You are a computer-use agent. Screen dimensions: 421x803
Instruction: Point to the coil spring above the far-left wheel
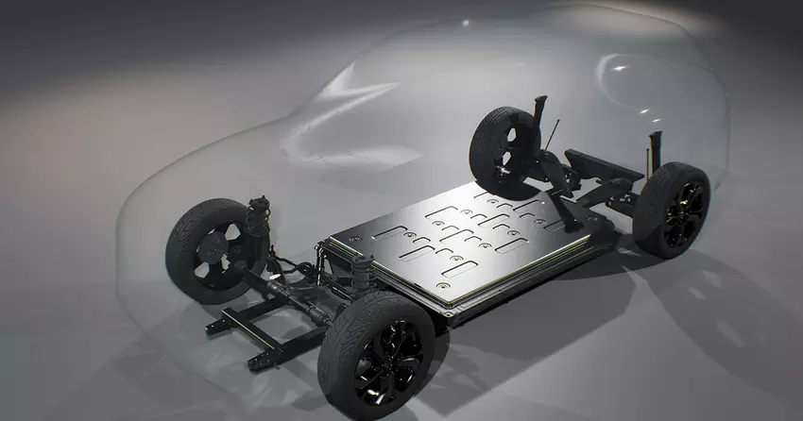click(x=256, y=216)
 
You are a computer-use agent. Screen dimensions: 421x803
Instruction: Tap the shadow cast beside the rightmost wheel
click(x=727, y=274)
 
